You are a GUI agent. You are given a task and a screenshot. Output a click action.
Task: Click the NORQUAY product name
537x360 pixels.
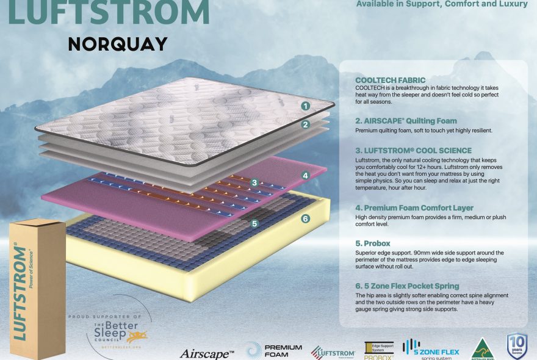(x=118, y=45)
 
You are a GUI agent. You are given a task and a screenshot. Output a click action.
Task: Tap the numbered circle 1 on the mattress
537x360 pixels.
(x=305, y=106)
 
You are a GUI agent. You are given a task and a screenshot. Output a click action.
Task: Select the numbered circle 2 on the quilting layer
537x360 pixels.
(x=306, y=124)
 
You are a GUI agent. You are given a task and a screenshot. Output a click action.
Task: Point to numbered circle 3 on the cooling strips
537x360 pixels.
(x=255, y=182)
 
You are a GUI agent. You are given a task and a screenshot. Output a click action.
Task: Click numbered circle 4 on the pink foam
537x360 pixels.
(x=306, y=175)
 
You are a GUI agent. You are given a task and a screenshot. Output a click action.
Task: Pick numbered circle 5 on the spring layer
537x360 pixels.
(x=254, y=223)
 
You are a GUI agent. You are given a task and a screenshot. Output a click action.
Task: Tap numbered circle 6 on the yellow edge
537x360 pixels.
(x=305, y=218)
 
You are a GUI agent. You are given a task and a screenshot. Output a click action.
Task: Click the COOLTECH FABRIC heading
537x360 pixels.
(x=390, y=81)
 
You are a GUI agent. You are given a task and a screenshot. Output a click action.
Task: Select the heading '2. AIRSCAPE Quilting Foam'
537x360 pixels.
(x=406, y=121)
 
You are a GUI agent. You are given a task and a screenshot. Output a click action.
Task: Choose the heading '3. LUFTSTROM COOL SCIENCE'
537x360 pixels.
(x=413, y=150)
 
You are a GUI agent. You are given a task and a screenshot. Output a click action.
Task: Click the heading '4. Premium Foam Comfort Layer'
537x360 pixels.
(x=414, y=208)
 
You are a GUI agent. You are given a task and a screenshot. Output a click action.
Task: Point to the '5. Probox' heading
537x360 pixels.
(x=373, y=243)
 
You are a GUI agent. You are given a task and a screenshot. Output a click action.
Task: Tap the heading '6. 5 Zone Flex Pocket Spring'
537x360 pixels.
(x=407, y=286)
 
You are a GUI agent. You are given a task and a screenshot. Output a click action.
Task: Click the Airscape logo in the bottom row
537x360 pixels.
(x=207, y=353)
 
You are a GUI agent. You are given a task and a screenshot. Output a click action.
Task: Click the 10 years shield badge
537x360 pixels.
(x=516, y=347)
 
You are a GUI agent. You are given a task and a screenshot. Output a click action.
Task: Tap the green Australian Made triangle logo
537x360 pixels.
(x=482, y=348)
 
